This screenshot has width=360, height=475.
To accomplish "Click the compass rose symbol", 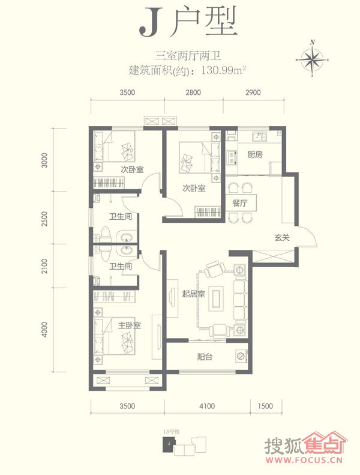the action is coord(313,59).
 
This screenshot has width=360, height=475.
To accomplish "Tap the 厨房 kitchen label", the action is coord(254,154).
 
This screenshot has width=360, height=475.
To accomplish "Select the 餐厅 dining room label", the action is coord(240,203).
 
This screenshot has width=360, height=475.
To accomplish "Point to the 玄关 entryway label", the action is coord(282,237).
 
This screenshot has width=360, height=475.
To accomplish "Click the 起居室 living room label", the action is coord(193,294).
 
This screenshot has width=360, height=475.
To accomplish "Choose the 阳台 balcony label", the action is coord(205,357).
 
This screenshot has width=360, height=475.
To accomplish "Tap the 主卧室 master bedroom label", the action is coord(129,325).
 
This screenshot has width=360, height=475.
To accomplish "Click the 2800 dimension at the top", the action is coord(193,92).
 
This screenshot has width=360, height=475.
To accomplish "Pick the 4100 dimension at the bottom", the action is coord(207,405).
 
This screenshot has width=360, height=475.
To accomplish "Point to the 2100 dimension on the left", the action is coord(44,266).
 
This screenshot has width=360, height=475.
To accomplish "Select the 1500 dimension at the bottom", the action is coord(265,405).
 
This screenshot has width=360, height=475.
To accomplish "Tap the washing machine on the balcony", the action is coord(241,356).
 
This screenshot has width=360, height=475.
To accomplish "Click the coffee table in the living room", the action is coord(216,298).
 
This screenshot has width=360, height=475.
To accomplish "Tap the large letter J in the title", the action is coord(151,22).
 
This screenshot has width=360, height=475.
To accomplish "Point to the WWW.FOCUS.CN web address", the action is coord(304,460).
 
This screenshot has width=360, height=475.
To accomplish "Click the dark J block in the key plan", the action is coord(169,445).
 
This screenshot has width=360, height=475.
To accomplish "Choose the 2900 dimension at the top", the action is coord(253,92).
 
